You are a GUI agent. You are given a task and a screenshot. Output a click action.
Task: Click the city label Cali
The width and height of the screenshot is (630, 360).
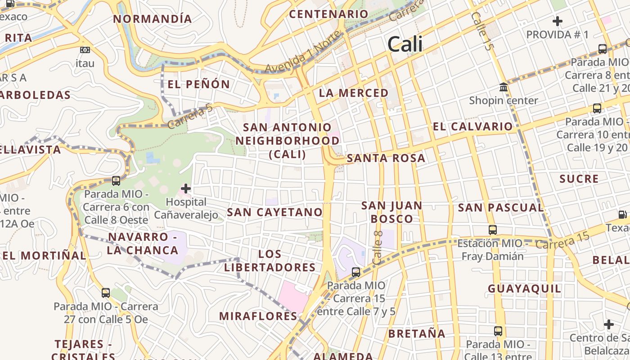coord(405,44)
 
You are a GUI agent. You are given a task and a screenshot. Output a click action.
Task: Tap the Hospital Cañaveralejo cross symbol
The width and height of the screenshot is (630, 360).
coord(185,189)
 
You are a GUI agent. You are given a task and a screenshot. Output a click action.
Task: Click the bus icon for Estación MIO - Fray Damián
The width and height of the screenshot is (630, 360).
coord(493,230)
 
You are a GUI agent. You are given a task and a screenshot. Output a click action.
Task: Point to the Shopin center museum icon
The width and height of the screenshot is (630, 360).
coord(504,87)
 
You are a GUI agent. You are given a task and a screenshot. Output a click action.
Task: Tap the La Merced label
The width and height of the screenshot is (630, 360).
coord(354,93)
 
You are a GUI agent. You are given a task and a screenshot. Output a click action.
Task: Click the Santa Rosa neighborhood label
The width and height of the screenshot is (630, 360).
coord(386,158)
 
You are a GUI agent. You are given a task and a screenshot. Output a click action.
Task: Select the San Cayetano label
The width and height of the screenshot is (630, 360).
coord(275,212)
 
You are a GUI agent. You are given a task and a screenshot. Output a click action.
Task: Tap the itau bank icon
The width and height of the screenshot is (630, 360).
coord(85,50)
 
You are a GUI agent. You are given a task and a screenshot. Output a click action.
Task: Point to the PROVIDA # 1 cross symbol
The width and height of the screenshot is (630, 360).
coord(558,21)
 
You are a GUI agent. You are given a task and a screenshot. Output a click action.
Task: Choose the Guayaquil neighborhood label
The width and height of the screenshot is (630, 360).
coord(525,288)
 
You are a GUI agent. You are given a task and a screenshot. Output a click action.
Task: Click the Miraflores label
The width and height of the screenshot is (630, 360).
coord(258,316)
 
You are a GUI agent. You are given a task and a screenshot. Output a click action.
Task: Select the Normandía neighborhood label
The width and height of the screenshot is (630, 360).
coord(153,19)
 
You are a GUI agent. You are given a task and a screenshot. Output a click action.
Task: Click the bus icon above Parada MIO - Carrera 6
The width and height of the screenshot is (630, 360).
coord(116,181)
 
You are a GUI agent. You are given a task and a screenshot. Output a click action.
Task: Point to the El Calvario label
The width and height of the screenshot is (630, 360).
coord(472,126)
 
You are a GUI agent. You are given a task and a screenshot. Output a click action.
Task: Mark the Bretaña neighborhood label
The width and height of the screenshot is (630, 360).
coord(417,333)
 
